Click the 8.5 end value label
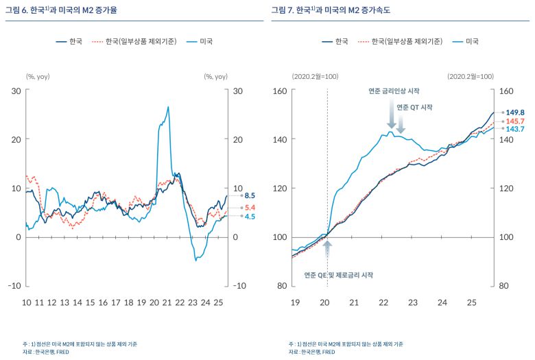[250, 195]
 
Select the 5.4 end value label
[250, 207]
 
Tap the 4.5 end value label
[250, 217]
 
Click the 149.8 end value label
[515, 112]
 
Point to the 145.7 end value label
[515, 121]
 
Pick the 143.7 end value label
[515, 129]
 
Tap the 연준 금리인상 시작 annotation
[394, 91]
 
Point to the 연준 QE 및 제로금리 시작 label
[339, 275]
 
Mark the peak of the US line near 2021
[168, 107]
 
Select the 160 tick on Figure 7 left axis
[280, 91]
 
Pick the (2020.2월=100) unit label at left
[315, 76]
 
